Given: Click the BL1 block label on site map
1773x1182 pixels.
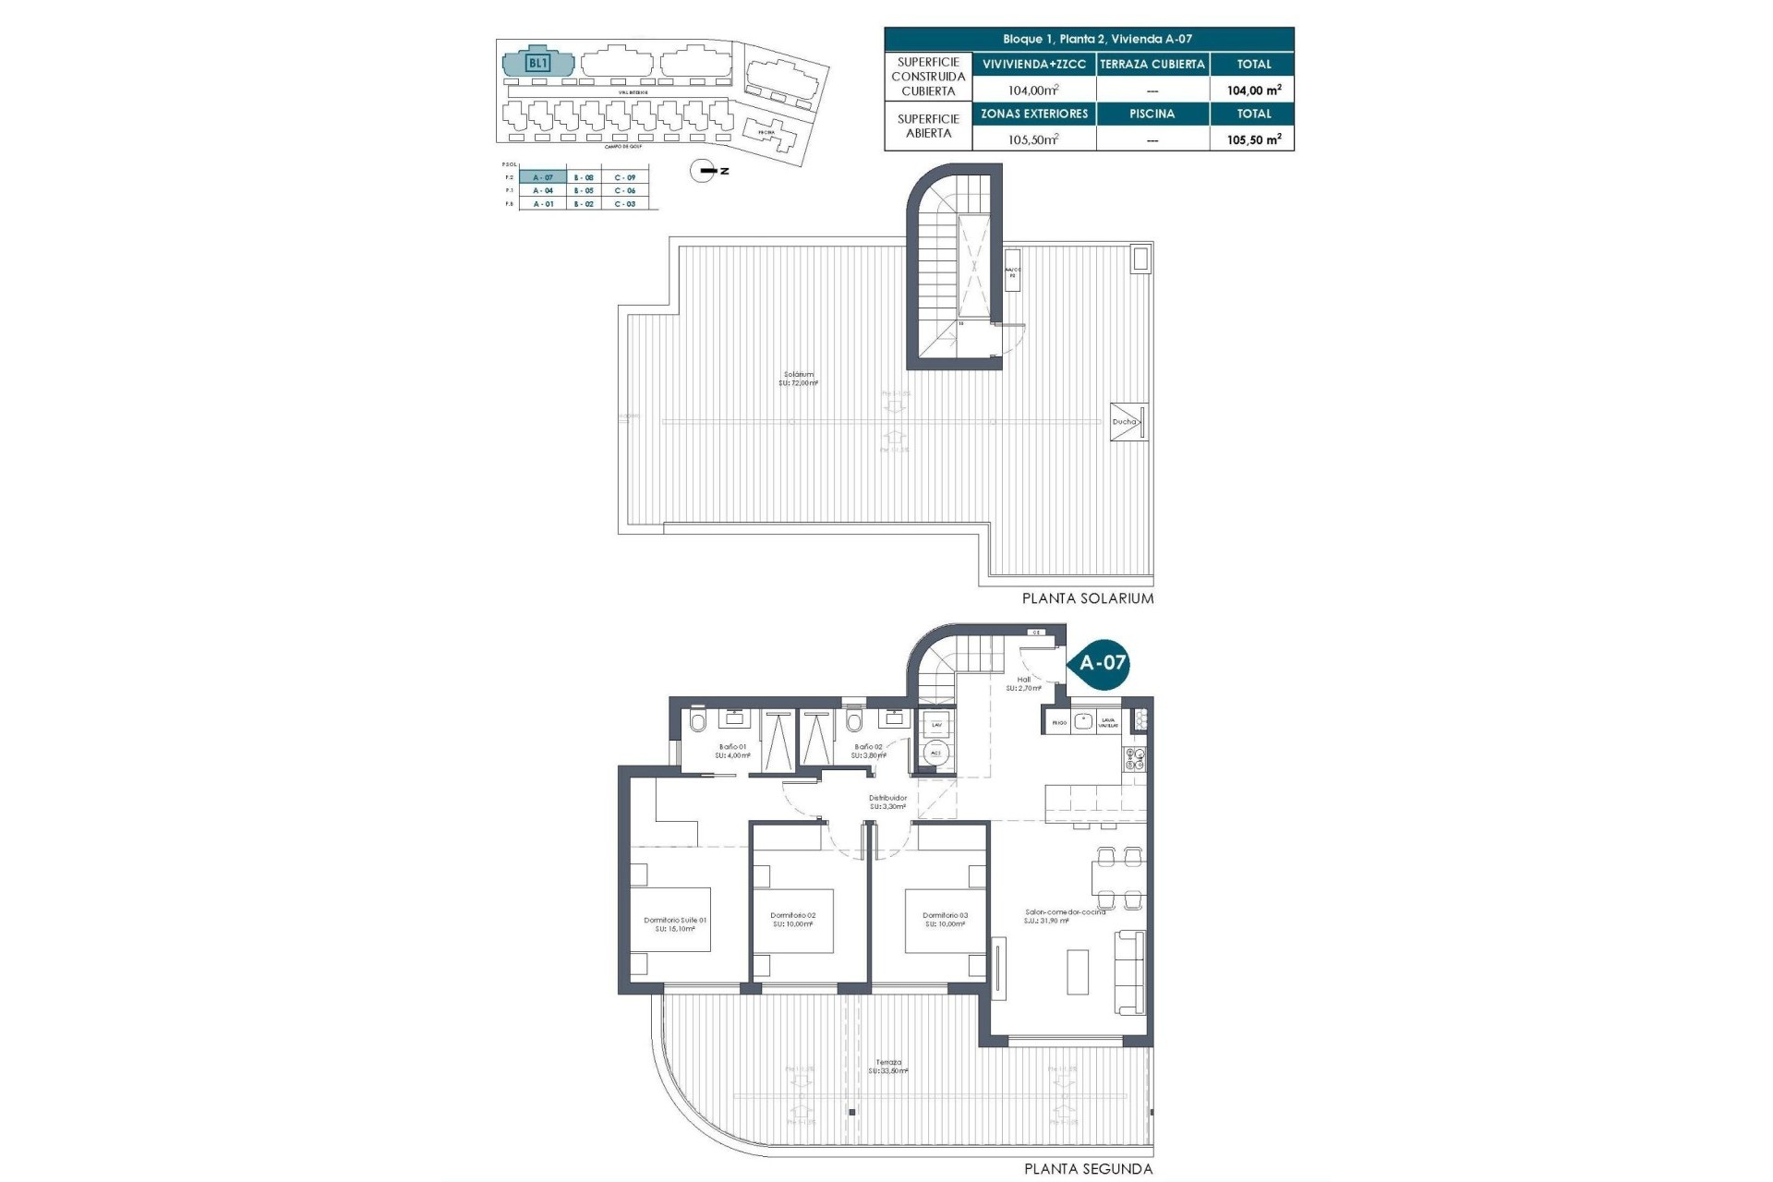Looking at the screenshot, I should (x=537, y=64).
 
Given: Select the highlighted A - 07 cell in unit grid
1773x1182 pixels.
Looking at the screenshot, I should (x=543, y=177).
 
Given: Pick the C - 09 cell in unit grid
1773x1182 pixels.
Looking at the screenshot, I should (x=624, y=177).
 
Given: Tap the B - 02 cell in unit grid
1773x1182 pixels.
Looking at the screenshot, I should (x=584, y=204).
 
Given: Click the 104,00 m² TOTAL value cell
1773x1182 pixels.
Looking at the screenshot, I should (x=1253, y=90).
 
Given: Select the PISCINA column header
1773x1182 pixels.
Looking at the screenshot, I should (x=1152, y=114).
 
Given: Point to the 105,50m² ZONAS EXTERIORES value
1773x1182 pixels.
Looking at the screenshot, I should (x=1033, y=139).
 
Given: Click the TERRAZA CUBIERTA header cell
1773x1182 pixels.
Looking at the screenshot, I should (x=1152, y=64).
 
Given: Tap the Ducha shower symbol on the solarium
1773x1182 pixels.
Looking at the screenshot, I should (x=1128, y=422).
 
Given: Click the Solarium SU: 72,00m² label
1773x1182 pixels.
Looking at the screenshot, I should (x=798, y=379).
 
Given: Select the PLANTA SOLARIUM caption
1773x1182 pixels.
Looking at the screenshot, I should (x=1087, y=598).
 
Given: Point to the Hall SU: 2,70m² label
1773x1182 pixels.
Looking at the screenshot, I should (x=1023, y=683).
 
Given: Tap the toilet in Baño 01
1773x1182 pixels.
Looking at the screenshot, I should (x=697, y=720).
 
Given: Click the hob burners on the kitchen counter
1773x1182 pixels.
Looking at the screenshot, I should (x=1133, y=759).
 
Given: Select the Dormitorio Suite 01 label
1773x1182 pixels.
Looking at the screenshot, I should (x=675, y=924).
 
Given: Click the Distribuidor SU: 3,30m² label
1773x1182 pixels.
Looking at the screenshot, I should (x=887, y=802).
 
